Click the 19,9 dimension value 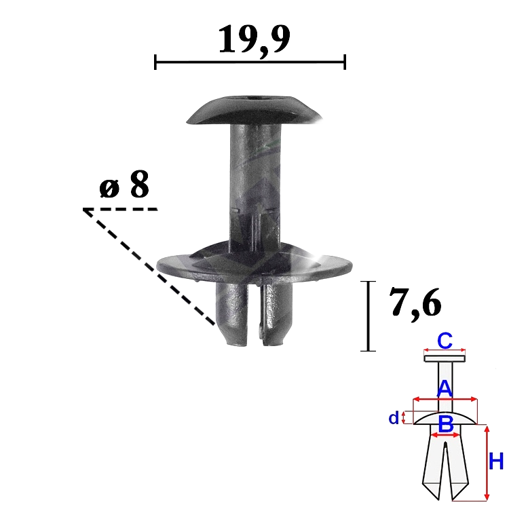(254, 41)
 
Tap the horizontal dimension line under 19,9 (250, 62)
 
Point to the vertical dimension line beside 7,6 (368, 316)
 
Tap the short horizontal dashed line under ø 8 (120, 209)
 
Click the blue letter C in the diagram (445, 341)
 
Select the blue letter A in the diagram (444, 388)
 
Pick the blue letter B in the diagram (445, 424)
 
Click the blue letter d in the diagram (394, 419)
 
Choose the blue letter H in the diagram (496, 462)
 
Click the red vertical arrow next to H (486, 462)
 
